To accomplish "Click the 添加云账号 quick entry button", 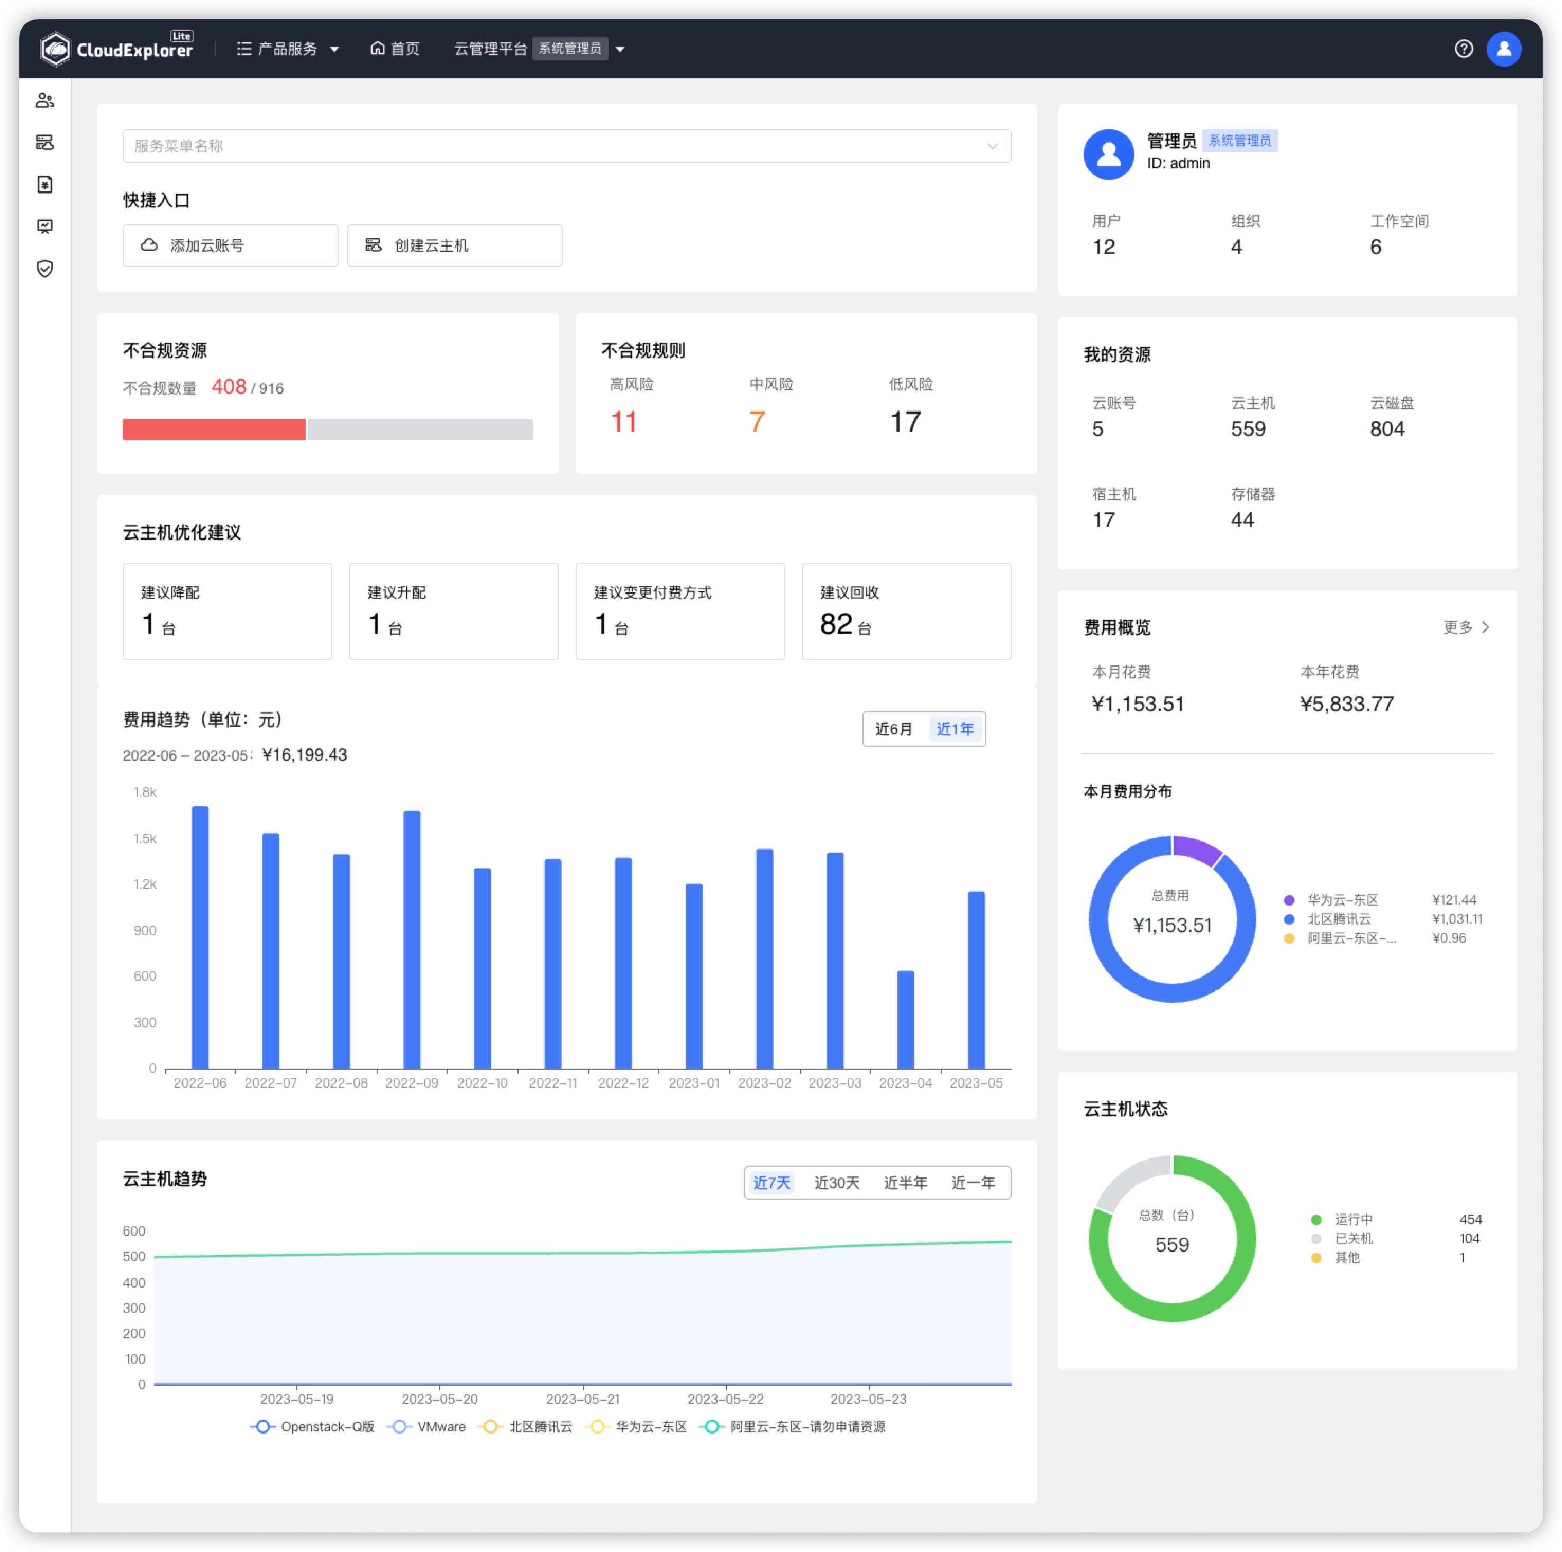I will click(230, 245).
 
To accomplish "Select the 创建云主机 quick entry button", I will click(455, 245).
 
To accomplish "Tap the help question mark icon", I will click(1464, 49).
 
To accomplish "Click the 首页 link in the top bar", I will click(395, 49).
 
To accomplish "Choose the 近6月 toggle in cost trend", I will click(893, 729).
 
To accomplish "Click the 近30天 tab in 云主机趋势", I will click(837, 1183).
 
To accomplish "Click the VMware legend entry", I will click(429, 1427).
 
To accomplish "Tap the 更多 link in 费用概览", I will click(1466, 627).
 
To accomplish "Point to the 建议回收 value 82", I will click(836, 624).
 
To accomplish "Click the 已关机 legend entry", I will click(1352, 1238).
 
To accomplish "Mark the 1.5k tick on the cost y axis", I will click(146, 838).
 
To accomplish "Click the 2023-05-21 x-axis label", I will click(582, 1399).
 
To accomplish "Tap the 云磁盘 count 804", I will click(1386, 429).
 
